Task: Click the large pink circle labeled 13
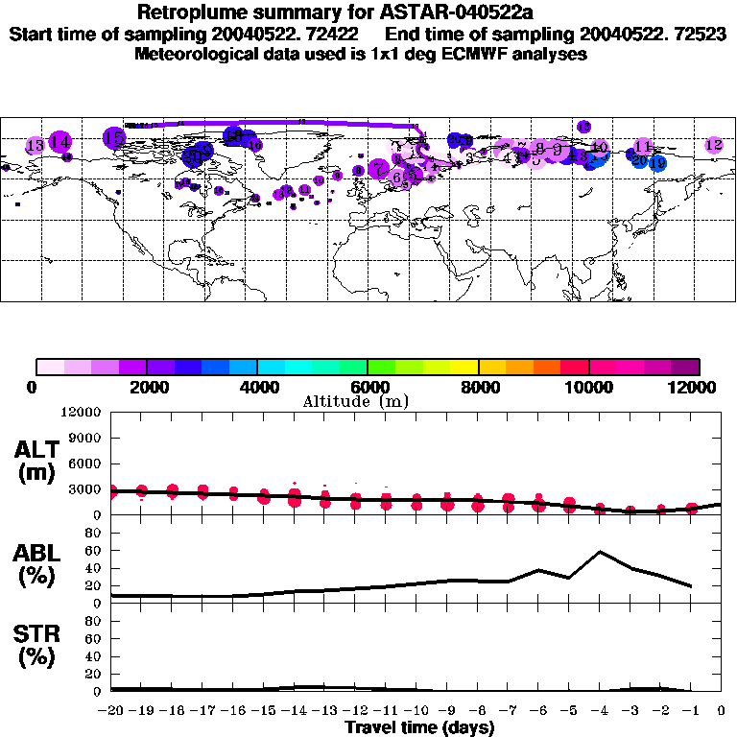pyautogui.click(x=36, y=146)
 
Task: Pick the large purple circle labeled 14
pyautogui.click(x=59, y=142)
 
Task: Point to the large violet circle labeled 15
pyautogui.click(x=114, y=138)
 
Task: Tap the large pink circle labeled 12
pyautogui.click(x=713, y=145)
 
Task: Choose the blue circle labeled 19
pyautogui.click(x=657, y=163)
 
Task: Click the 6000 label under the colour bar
pyautogui.click(x=367, y=387)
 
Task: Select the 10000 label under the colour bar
pyautogui.click(x=587, y=387)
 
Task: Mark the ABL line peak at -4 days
pyautogui.click(x=600, y=552)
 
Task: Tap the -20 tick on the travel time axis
pyautogui.click(x=111, y=711)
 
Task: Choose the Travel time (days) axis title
pyautogui.click(x=418, y=727)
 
